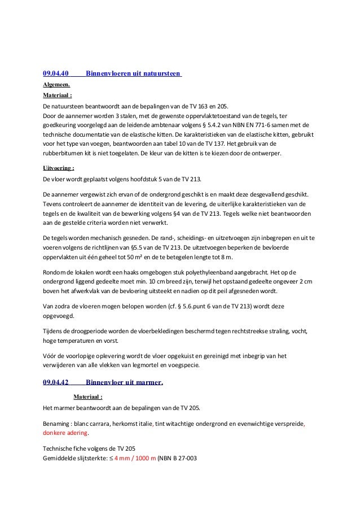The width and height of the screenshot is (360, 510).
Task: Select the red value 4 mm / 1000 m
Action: coord(135,459)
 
